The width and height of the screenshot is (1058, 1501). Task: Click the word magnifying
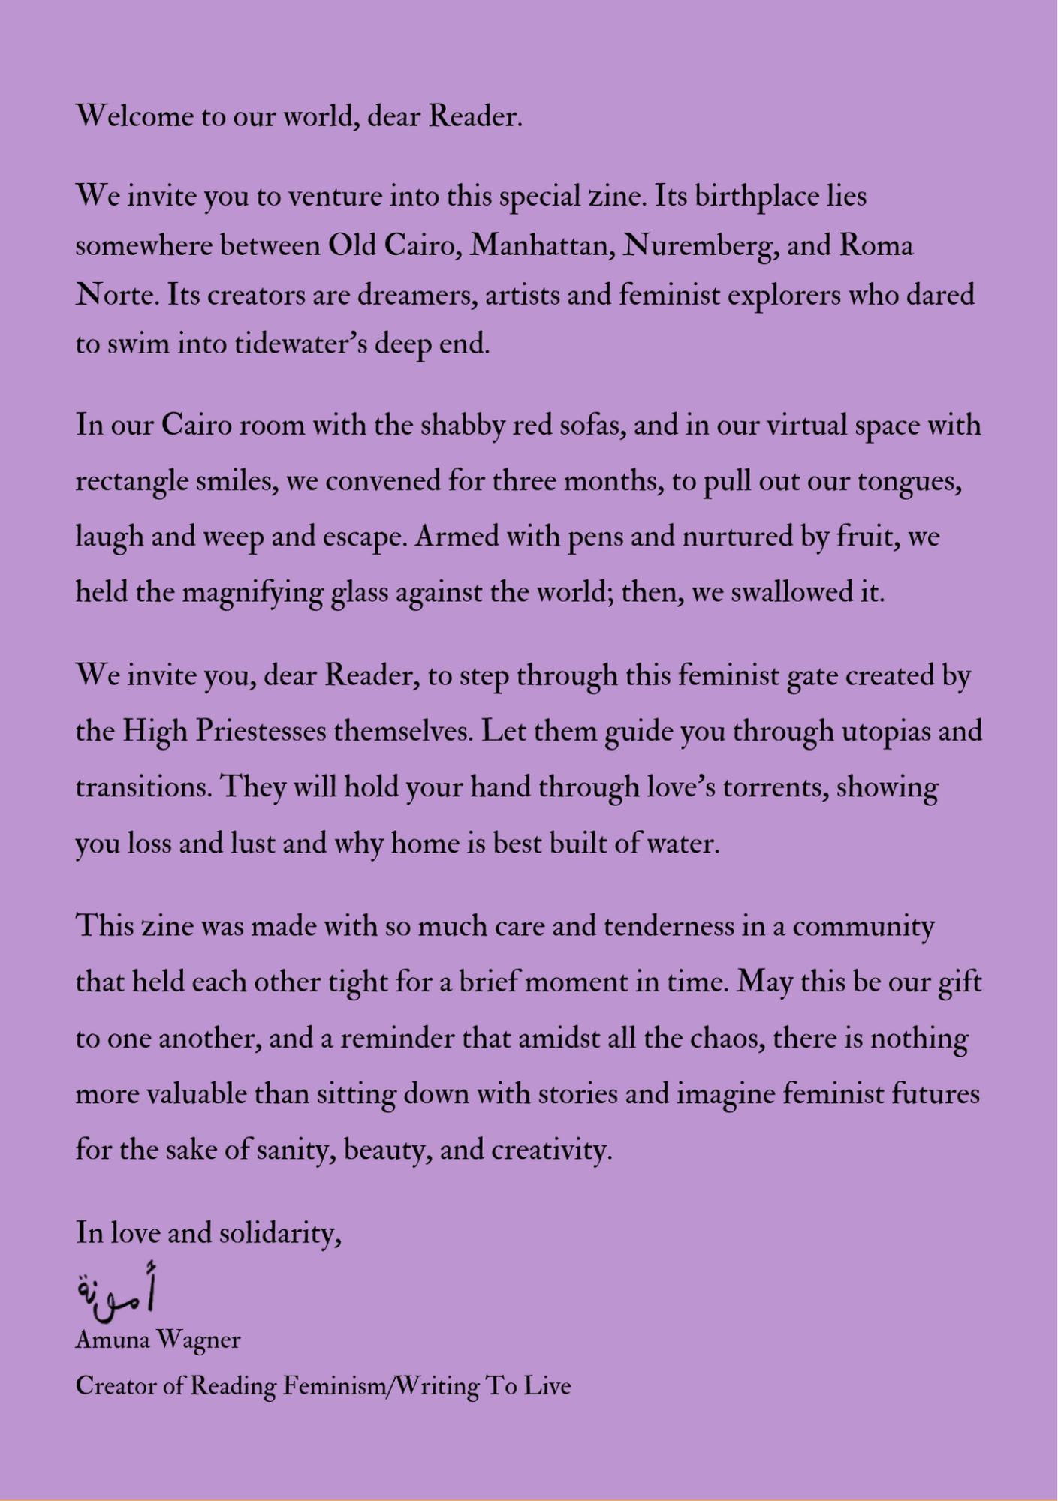(x=252, y=594)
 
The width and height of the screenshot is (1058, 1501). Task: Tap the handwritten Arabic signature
(x=116, y=1288)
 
